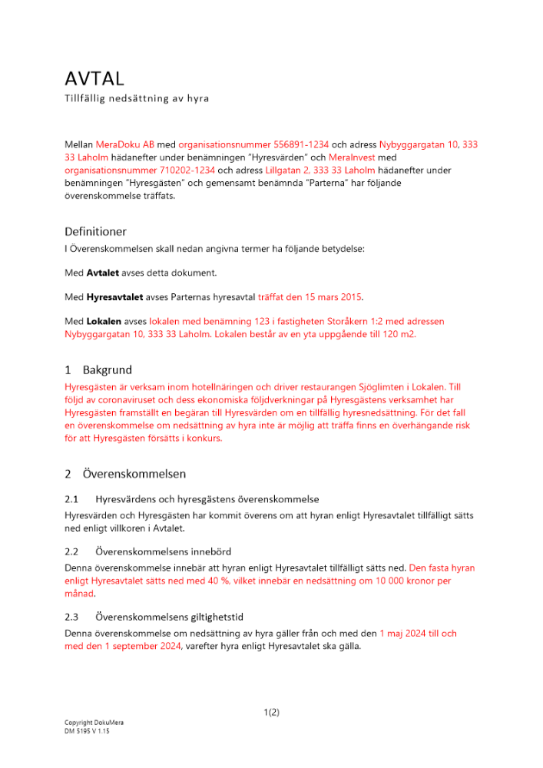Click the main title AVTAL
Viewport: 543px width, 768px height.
[x=94, y=78]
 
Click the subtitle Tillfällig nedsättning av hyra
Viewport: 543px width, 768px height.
[x=136, y=99]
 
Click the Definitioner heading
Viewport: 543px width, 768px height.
[x=95, y=231]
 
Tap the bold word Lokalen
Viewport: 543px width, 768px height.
[x=104, y=321]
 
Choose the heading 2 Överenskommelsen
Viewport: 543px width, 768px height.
[x=125, y=474]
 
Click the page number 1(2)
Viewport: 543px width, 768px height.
[x=271, y=712]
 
